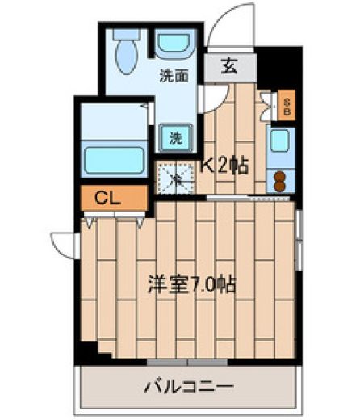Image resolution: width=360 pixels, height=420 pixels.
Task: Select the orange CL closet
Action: pyautogui.click(x=114, y=198)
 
